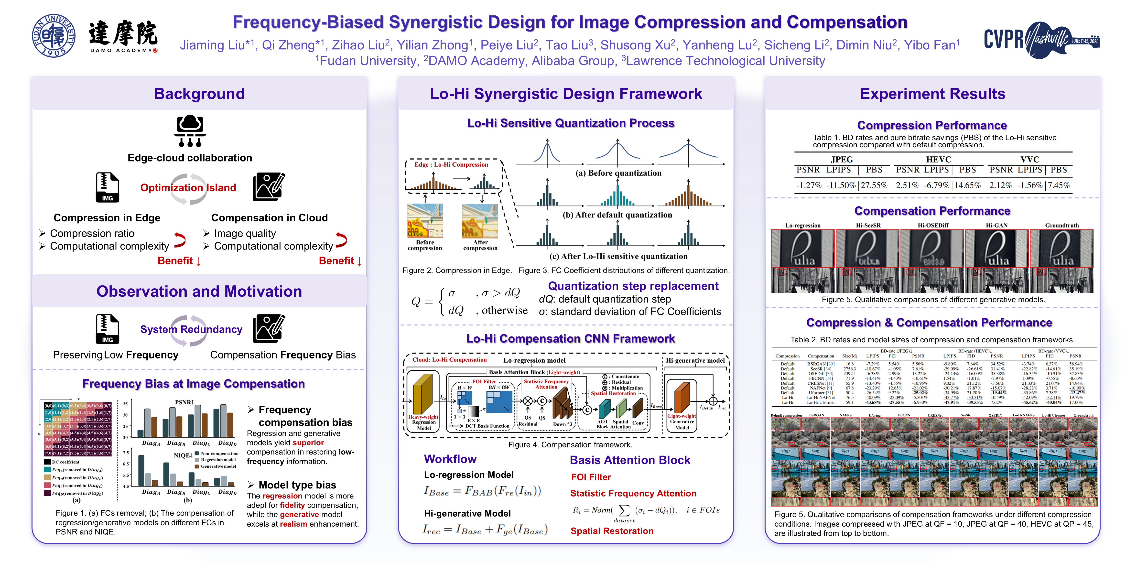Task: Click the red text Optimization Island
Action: click(x=188, y=187)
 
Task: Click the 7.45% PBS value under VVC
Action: click(x=1059, y=185)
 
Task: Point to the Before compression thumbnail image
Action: click(x=425, y=221)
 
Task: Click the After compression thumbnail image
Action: click(x=480, y=221)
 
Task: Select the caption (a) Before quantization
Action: click(x=618, y=173)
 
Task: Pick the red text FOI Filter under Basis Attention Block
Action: click(x=591, y=477)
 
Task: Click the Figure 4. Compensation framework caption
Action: click(x=570, y=444)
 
